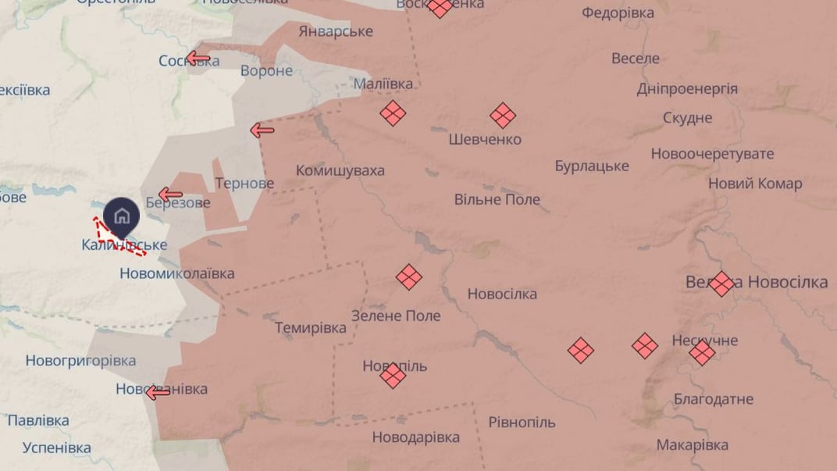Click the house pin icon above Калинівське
(122, 216)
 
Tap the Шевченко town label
(485, 139)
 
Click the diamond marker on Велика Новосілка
(721, 283)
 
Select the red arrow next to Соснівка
(198, 58)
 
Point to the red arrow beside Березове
(170, 194)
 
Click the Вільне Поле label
(497, 199)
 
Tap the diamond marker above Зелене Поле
(408, 277)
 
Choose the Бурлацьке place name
(592, 166)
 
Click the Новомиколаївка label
(177, 273)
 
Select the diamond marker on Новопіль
(393, 376)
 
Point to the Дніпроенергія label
(687, 88)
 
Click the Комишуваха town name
(340, 170)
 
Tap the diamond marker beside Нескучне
(702, 353)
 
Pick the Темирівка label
(311, 328)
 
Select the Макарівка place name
(693, 444)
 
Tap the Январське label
(336, 31)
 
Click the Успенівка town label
(57, 448)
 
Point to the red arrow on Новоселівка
(158, 392)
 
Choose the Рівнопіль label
(522, 423)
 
